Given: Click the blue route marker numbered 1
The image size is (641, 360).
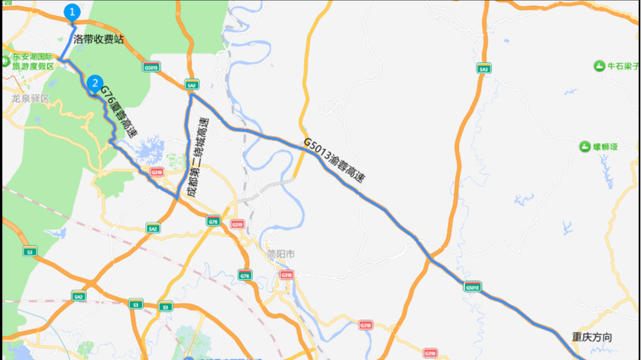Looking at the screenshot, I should tap(73, 12).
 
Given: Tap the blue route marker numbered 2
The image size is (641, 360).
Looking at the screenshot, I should tap(95, 83).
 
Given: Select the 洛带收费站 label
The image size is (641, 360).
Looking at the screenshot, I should tap(98, 39).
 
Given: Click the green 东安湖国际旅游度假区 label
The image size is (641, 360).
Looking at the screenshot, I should tap(33, 61).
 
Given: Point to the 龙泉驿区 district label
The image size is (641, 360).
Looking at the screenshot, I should tap(30, 99).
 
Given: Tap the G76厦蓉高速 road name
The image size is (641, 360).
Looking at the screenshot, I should tap(119, 116).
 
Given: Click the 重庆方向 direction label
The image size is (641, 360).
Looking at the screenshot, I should tap(592, 337).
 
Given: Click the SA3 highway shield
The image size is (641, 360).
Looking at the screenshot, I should tap(483, 69).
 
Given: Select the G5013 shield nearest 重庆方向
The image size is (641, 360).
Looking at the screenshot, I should tap(472, 287).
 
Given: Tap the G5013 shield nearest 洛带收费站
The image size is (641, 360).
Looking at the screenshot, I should tap(151, 67).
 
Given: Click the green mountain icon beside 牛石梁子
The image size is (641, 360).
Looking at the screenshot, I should tap(599, 66).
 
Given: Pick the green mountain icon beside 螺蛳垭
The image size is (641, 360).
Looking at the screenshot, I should tap(585, 146).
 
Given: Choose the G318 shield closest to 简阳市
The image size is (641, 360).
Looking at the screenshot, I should tap(286, 275).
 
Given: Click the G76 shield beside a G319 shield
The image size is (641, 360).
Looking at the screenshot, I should tap(213, 221).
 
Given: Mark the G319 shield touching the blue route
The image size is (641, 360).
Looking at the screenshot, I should tap(156, 172).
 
